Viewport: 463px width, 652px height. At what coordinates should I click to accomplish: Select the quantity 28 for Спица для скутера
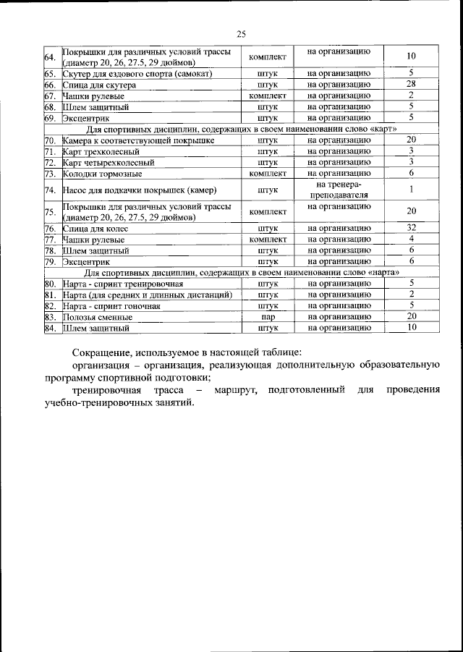(x=410, y=85)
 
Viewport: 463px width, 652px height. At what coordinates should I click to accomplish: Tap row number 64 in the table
(x=51, y=57)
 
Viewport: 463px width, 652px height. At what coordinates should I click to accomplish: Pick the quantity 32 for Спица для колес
(x=410, y=228)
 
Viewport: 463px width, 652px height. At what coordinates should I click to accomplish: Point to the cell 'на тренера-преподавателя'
(x=339, y=190)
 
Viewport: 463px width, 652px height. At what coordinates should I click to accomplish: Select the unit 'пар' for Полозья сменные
(x=267, y=317)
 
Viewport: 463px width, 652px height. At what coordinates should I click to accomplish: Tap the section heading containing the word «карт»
(x=237, y=129)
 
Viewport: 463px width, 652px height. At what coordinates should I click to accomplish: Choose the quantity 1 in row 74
(x=410, y=190)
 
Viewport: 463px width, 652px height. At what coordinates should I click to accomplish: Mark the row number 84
(x=51, y=328)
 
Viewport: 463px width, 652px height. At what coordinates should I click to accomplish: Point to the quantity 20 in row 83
(x=410, y=317)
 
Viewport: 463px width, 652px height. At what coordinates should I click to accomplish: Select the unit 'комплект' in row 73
(x=267, y=174)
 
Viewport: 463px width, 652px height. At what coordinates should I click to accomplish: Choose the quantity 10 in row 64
(x=410, y=57)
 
